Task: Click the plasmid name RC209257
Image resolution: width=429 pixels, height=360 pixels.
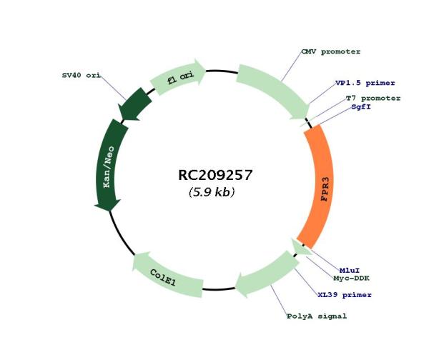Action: point(214,175)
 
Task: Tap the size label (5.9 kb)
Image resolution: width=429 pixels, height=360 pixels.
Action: point(212,192)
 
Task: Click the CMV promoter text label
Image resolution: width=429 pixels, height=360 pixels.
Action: point(331,51)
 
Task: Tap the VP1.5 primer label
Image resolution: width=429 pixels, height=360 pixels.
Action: point(365,83)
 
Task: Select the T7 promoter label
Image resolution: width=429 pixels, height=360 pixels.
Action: point(373,98)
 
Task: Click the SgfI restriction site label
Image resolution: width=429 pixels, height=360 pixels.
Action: point(361,106)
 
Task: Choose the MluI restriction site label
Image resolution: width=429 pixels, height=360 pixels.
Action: point(350,271)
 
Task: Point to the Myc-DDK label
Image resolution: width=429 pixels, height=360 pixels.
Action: point(351,279)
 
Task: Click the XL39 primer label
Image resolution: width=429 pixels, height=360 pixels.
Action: point(345,295)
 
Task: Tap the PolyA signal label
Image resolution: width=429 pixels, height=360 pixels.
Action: point(317,316)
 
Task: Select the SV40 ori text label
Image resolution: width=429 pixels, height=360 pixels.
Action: point(82,75)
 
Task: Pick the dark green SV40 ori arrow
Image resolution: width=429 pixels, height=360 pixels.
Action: point(134,104)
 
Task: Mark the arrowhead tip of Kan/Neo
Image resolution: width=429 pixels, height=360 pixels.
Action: point(109,211)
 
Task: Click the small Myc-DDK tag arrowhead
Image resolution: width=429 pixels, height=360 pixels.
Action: point(301,246)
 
